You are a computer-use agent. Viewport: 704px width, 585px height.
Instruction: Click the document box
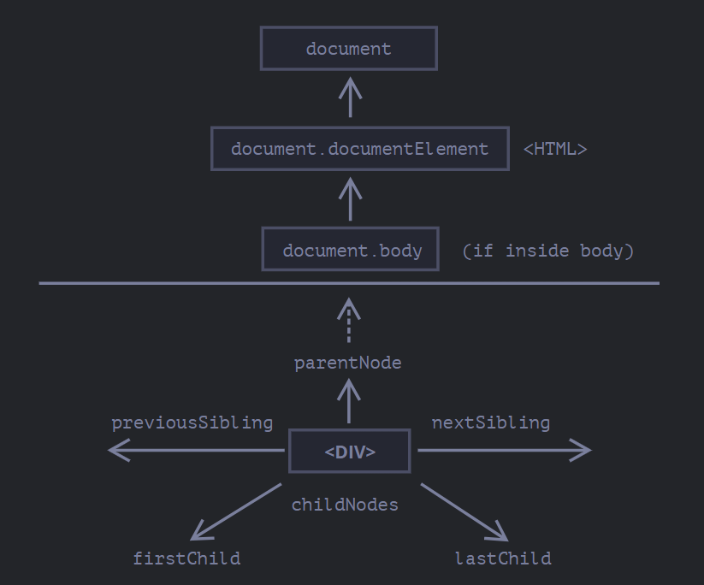pos(349,49)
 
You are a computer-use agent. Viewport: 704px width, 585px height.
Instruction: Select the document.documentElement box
pos(359,149)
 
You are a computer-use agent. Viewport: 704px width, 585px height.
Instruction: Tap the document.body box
pos(350,250)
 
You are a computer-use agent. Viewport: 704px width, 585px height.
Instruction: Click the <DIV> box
pos(349,452)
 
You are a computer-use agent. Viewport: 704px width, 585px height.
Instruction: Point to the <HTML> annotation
pos(555,149)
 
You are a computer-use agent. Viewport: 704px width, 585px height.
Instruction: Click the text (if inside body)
pos(547,251)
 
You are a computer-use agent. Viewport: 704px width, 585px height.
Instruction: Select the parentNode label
pos(348,363)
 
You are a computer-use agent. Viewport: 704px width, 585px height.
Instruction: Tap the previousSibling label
pos(192,422)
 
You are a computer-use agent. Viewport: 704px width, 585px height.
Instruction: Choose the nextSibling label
pos(491,422)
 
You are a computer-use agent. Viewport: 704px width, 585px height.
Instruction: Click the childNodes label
pos(345,505)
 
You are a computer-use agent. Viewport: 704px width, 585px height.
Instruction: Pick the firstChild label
pos(186,558)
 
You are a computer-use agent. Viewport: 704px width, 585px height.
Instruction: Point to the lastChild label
pos(503,558)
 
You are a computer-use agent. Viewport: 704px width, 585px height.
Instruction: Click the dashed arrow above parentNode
pos(348,321)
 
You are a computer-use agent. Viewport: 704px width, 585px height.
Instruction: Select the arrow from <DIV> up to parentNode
pos(348,401)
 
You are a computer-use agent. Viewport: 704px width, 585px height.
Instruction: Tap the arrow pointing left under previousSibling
pos(196,450)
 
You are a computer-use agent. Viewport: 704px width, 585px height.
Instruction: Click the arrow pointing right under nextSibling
pos(504,450)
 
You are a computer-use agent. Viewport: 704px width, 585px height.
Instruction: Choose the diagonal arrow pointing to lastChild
pos(464,512)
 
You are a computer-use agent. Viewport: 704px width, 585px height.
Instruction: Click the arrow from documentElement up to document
pos(349,97)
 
